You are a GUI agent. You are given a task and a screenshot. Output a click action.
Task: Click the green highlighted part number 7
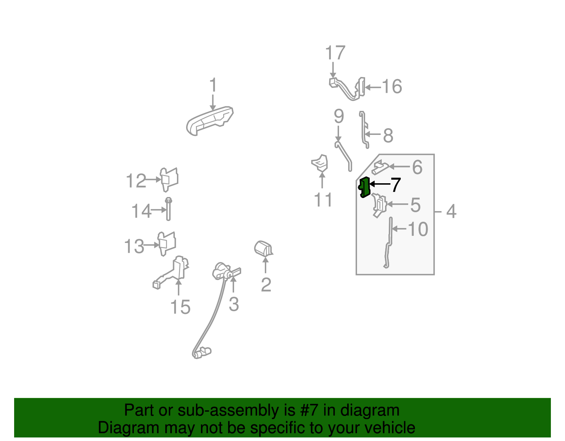364,187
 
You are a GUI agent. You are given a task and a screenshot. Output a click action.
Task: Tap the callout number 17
335,53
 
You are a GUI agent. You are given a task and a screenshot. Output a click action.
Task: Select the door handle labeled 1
209,121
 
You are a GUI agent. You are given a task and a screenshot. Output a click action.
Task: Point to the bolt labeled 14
168,209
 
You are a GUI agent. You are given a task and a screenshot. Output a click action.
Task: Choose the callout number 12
136,181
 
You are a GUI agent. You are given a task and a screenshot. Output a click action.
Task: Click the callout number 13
134,246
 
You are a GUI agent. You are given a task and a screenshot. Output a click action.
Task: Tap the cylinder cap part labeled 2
263,249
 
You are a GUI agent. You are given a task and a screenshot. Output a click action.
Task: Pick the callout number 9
339,116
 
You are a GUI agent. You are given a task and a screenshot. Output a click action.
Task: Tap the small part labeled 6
380,167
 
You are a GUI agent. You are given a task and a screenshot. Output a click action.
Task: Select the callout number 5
416,205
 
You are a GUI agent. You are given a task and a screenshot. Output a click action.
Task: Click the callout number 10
418,229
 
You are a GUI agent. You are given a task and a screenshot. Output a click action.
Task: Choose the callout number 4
451,211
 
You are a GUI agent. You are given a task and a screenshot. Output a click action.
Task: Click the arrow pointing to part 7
380,184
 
